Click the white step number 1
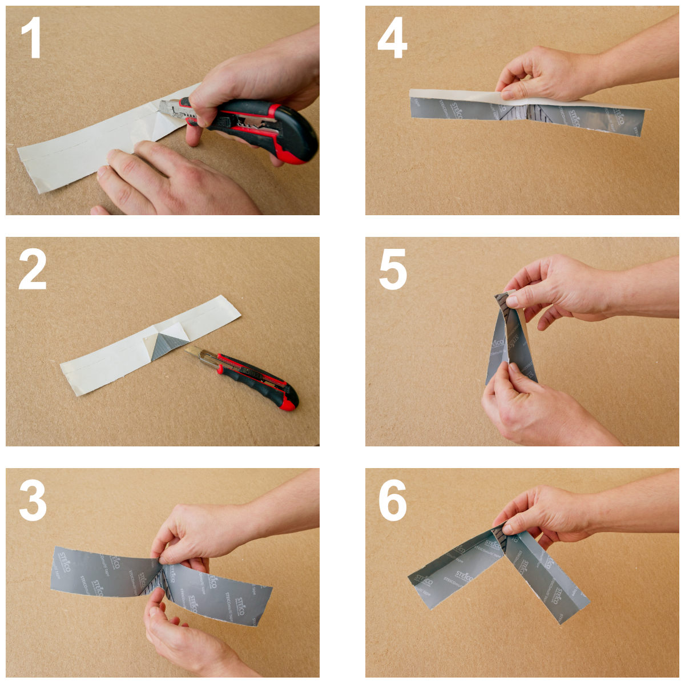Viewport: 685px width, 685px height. pos(33,39)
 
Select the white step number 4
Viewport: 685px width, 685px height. pos(392,39)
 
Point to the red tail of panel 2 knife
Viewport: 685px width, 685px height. pos(288,401)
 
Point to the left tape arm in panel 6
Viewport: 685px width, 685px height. pos(451,571)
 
